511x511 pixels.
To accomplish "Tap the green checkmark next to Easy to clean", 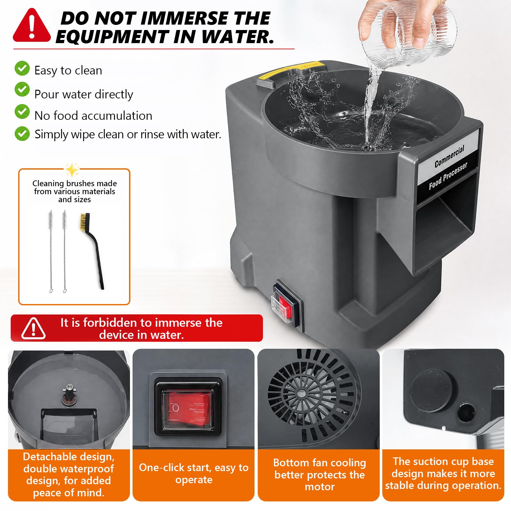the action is click(x=22, y=68).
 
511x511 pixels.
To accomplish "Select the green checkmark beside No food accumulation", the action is click(x=22, y=111).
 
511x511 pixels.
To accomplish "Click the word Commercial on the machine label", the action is click(x=449, y=156).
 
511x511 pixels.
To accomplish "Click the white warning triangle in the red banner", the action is click(x=34, y=328).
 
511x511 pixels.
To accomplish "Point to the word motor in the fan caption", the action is click(x=320, y=487).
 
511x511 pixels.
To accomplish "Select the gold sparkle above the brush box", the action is click(x=72, y=170).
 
